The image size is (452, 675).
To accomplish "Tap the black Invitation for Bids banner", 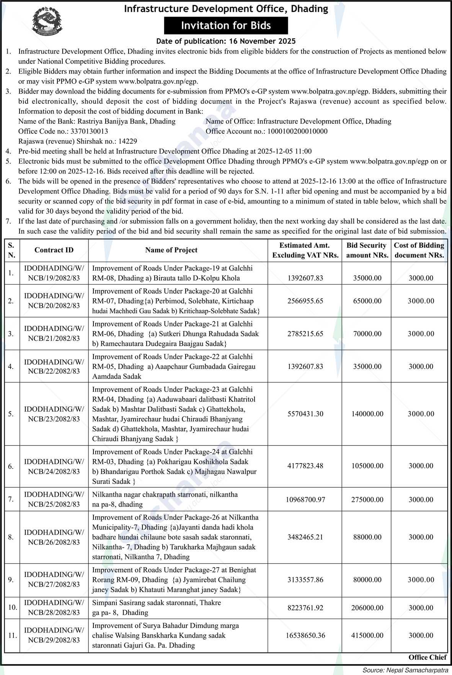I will pyautogui.click(x=226, y=26).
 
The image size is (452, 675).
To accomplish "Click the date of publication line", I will pyautogui.click(x=226, y=41).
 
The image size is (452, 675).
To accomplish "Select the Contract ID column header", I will pyautogui.click(x=54, y=250).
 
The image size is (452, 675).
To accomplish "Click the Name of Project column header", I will pyautogui.click(x=171, y=250).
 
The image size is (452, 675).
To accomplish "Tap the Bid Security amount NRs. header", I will pyautogui.click(x=367, y=250).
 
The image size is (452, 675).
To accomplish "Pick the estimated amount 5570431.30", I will pyautogui.click(x=305, y=414).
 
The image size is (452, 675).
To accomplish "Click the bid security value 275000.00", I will pyautogui.click(x=367, y=500).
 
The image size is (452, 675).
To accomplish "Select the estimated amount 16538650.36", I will pyautogui.click(x=305, y=636).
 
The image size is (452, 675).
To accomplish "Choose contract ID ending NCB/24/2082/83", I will pyautogui.click(x=54, y=467).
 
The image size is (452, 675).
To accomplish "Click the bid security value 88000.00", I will pyautogui.click(x=367, y=537).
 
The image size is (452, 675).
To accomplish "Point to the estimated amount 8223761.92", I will pyautogui.click(x=305, y=608).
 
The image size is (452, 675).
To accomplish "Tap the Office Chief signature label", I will pyautogui.click(x=428, y=657).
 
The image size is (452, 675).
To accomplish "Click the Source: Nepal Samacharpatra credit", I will pyautogui.click(x=405, y=670).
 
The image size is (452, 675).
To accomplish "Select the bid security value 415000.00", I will pyautogui.click(x=367, y=636).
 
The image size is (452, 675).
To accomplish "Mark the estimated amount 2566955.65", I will pyautogui.click(x=305, y=301).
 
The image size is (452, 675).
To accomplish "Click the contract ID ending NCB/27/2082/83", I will pyautogui.click(x=54, y=580).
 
